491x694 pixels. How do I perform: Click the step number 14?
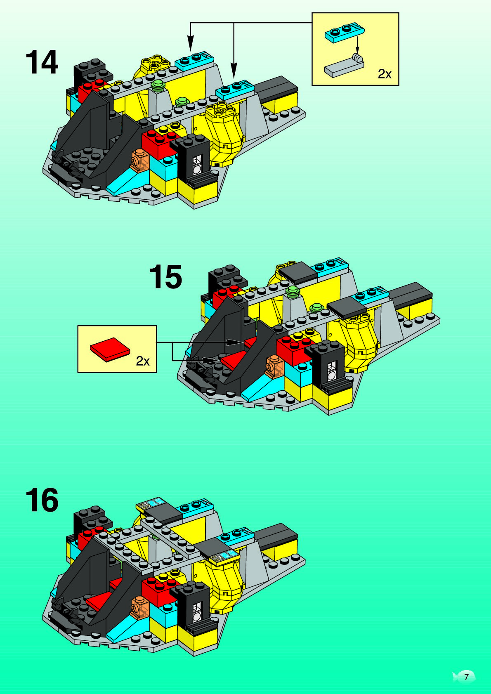tap(42, 63)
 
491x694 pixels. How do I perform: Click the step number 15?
tap(165, 277)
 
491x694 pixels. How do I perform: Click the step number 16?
tap(42, 500)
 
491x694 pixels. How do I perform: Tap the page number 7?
tap(466, 677)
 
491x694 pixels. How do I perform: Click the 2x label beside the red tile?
tap(143, 361)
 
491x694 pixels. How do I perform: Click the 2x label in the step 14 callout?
tap(385, 74)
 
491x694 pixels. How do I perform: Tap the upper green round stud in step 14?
tap(158, 86)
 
